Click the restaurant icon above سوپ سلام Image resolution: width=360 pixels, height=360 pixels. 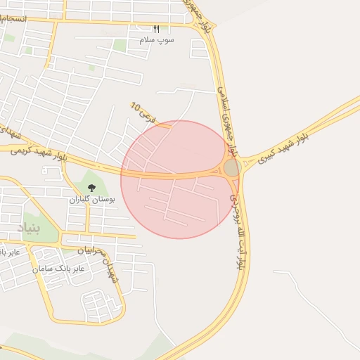pyautogui.click(x=156, y=30)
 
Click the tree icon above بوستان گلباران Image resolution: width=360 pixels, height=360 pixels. pyautogui.click(x=91, y=188)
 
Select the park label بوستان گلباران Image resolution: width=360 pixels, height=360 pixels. pyautogui.click(x=91, y=200)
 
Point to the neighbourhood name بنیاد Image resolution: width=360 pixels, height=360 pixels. pyautogui.click(x=29, y=227)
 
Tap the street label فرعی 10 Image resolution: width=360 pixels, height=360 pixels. pyautogui.click(x=144, y=110)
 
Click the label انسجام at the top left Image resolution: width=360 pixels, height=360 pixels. pyautogui.click(x=13, y=17)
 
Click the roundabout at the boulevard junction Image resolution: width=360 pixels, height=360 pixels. pyautogui.click(x=231, y=167)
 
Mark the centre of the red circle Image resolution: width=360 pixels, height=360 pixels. pyautogui.click(x=179, y=179)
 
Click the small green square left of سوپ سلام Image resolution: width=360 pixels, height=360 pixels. pyautogui.click(x=120, y=46)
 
